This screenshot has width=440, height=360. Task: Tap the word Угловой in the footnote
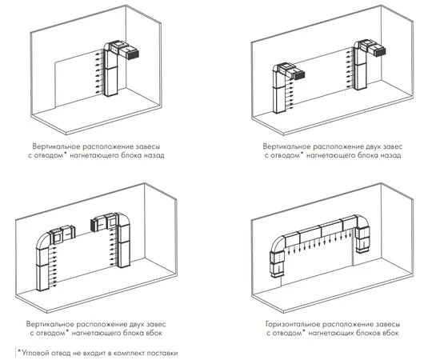point(34,353)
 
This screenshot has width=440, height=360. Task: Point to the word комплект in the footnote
point(130,353)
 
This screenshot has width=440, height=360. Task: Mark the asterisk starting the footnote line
point(19,351)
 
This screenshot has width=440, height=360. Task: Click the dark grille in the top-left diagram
point(133,54)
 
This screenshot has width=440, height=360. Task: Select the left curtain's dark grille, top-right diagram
point(299,75)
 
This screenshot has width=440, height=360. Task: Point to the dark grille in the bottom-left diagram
point(93,225)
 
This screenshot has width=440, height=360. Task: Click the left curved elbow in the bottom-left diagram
point(42,241)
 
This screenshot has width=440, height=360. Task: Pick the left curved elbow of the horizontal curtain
point(278,243)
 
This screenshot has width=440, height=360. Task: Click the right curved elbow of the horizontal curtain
point(362,222)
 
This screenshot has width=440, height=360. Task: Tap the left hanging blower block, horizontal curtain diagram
point(278,265)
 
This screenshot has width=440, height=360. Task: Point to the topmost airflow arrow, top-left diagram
point(98,53)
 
